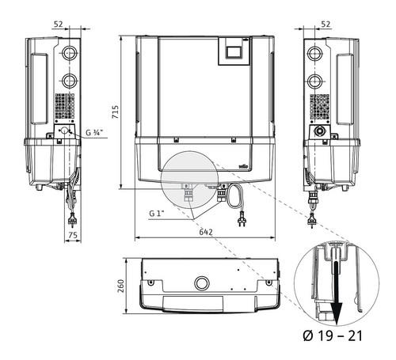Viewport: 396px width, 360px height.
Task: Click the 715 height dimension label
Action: [116, 112]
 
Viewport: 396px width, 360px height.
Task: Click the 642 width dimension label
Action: [206, 232]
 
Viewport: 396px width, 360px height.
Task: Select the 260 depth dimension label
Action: [120, 286]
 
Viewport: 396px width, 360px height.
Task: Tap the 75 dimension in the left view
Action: [73, 235]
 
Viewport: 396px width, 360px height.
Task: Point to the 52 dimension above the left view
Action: [59, 25]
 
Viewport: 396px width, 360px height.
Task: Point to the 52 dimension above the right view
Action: [326, 25]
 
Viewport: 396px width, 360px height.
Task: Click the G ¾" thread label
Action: [93, 133]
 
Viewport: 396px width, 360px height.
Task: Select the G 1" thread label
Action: [157, 214]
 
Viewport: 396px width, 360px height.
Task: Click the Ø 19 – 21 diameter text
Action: [333, 336]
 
